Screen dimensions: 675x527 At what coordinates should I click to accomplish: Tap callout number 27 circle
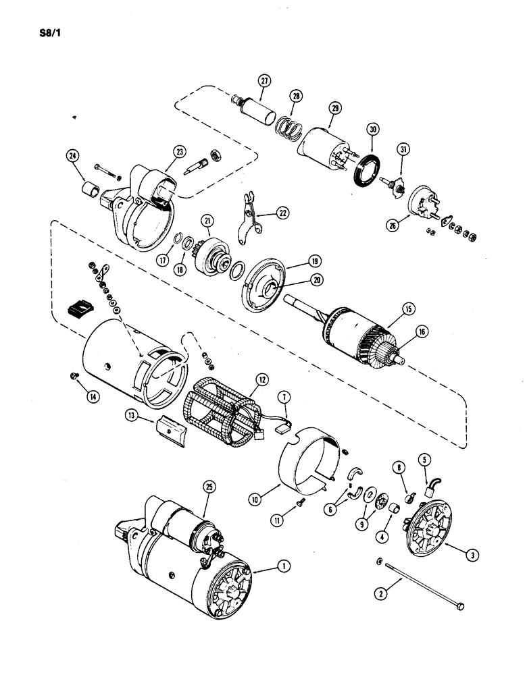(263, 80)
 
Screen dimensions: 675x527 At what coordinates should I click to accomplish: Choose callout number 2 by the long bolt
(382, 594)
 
